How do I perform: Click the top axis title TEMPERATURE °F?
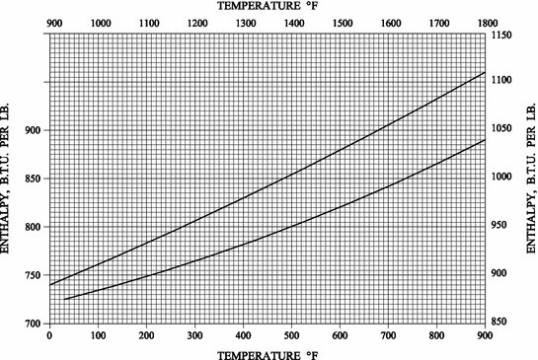pos(269,6)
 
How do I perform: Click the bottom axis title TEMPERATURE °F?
pos(269,353)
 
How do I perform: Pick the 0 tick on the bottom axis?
pos(49,334)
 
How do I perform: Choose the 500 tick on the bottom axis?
pos(292,334)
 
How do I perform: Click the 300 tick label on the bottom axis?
pos(195,334)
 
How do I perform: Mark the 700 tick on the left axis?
pos(33,324)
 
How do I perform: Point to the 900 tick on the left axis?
pos(33,130)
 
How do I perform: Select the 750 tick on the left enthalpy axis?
pos(33,275)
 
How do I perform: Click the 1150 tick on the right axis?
pos(503,35)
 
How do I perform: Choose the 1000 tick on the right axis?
pos(503,178)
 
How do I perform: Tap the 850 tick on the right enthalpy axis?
pos(503,322)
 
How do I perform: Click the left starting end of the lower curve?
pos(65,299)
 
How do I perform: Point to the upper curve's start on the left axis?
pos(49,285)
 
